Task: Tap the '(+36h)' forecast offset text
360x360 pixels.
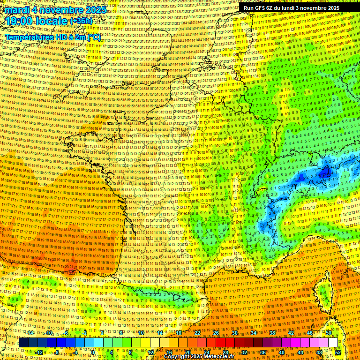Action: [x=81, y=21]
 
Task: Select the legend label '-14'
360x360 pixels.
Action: [x=30, y=333]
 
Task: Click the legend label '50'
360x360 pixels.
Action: [x=328, y=333]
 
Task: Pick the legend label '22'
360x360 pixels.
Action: [x=197, y=333]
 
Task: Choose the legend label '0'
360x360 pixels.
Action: [x=93, y=352]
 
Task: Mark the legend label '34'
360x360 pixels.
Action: [x=254, y=333]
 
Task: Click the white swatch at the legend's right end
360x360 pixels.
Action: [x=333, y=343]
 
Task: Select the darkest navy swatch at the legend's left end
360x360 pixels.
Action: [x=23, y=343]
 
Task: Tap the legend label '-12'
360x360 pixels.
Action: [x=39, y=352]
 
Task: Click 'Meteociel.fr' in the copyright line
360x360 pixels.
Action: [x=217, y=357]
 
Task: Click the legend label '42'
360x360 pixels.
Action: [x=291, y=333]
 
